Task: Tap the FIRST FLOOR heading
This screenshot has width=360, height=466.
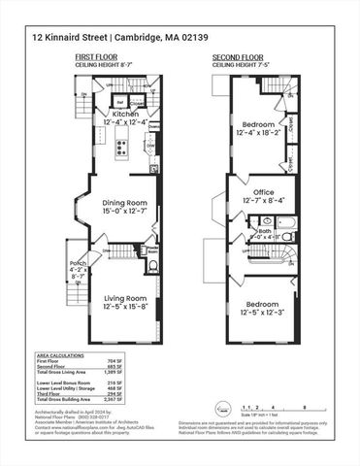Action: (x=98, y=56)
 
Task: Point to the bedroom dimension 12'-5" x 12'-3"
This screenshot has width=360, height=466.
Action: (x=266, y=313)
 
